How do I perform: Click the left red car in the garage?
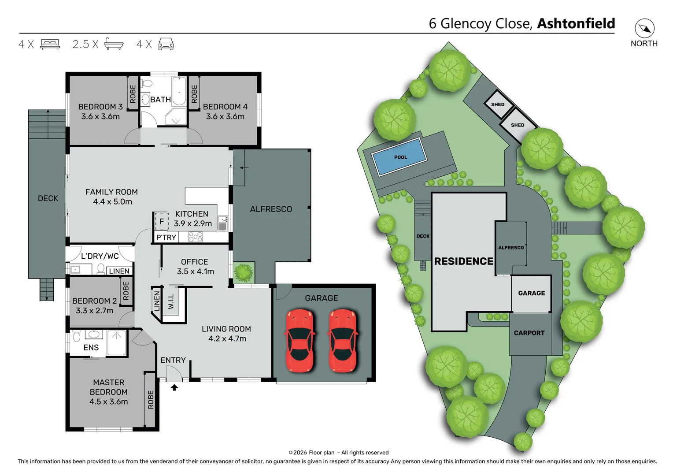click(x=300, y=340)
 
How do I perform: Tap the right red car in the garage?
click(x=343, y=340)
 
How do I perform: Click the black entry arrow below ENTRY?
click(x=174, y=387)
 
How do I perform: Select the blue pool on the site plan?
click(x=399, y=157)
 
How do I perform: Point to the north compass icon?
click(x=644, y=29)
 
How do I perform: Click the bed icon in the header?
click(x=50, y=44)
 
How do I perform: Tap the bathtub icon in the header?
click(x=114, y=44)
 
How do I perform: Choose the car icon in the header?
click(x=166, y=44)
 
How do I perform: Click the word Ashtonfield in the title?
click(x=576, y=23)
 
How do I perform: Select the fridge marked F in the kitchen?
click(x=161, y=221)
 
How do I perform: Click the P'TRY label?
click(x=166, y=237)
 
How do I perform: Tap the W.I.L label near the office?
click(x=171, y=301)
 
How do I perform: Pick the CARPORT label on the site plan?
click(x=529, y=333)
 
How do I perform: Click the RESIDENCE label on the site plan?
click(x=463, y=261)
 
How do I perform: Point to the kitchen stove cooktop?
click(x=195, y=237)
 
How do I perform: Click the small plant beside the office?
click(x=243, y=273)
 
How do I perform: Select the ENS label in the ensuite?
click(x=91, y=347)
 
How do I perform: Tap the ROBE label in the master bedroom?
click(x=151, y=399)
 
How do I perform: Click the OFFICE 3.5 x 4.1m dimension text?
click(x=195, y=271)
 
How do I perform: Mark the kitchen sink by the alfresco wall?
click(x=222, y=223)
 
